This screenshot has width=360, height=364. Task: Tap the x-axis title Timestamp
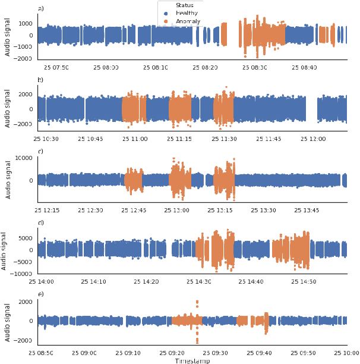coord(192,360)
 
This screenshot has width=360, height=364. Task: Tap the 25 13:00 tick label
coord(176,210)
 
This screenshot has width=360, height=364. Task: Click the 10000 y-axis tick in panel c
coord(24,158)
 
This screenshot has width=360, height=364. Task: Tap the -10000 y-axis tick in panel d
coord(22,274)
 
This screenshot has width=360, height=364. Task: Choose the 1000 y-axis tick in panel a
coord(26,24)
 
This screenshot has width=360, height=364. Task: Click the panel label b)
coord(40,79)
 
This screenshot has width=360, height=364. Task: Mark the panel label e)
coord(40,294)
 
